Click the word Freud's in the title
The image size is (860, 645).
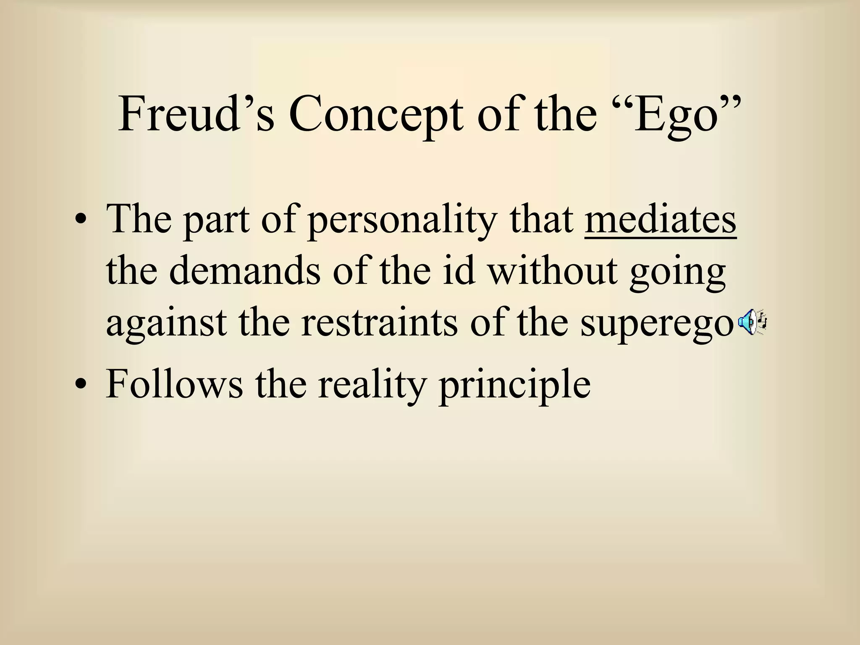point(196,114)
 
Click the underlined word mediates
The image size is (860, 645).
point(660,219)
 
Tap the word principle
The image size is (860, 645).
point(514,385)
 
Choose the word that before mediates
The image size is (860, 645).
point(542,219)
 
